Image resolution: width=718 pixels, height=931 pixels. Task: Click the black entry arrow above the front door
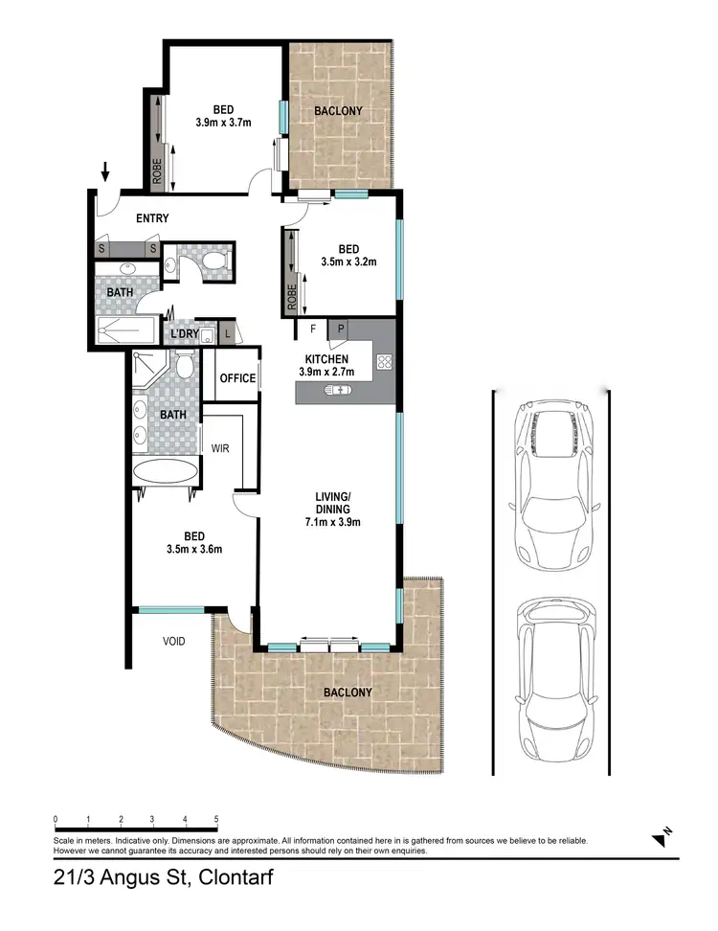[105, 172]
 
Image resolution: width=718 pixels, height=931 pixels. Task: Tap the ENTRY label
[152, 218]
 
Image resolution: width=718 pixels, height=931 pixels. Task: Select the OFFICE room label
[237, 378]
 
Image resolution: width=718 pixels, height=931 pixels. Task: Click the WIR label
[220, 448]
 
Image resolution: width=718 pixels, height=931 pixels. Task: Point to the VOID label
[173, 642]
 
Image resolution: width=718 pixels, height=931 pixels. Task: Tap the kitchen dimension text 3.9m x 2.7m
[327, 372]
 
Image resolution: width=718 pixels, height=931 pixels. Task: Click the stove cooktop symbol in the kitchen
[385, 362]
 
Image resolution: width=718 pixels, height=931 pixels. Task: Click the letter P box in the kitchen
[340, 329]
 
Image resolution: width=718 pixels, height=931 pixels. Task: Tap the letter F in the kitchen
[312, 329]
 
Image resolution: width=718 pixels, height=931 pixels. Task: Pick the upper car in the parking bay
[555, 481]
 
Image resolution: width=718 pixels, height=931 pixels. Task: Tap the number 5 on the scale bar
[216, 820]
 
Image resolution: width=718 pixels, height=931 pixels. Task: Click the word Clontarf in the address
[227, 875]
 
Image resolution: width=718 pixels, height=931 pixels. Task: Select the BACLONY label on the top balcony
[339, 111]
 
